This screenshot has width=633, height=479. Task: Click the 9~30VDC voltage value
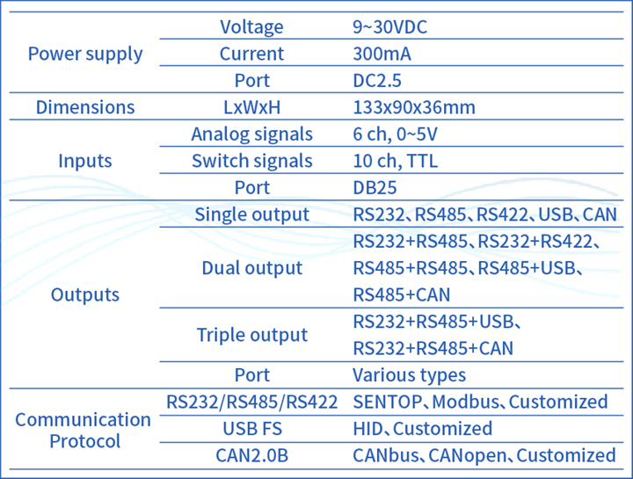coord(390,27)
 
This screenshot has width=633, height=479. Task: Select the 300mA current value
coord(382,54)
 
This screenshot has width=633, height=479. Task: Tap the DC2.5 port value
coord(377,81)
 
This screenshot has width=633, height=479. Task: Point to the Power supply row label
coord(85,54)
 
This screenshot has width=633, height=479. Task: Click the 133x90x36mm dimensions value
coord(414,108)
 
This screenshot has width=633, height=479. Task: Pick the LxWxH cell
coord(251,108)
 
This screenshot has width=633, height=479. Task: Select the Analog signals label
coord(251,134)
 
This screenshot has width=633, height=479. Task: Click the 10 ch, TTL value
coord(395,161)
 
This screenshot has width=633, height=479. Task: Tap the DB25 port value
coord(374,188)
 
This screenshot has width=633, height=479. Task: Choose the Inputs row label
coord(85,161)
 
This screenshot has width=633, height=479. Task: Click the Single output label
coord(251,214)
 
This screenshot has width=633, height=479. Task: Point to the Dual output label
coord(251,268)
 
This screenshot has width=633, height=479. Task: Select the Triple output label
coord(251,335)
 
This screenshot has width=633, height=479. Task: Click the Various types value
coord(409,375)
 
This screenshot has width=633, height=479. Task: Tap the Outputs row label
coord(85,294)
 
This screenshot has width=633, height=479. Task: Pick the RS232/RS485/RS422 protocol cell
coord(251,402)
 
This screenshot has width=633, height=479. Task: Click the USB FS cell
coord(251,429)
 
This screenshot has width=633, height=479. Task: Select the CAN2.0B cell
coord(251,455)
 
